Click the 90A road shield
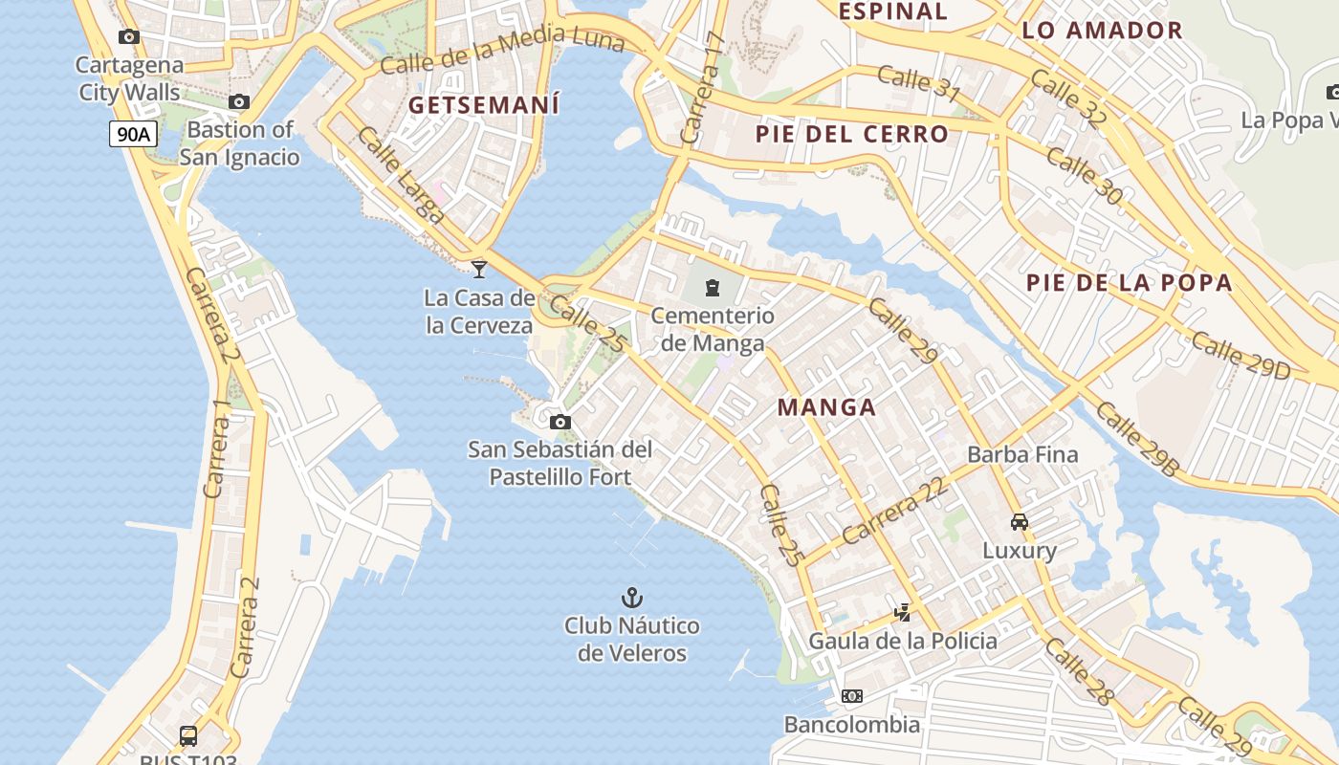click(132, 134)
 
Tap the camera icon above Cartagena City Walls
click(129, 37)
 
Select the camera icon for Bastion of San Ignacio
click(239, 102)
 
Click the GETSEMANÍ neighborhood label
click(484, 105)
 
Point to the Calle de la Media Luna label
click(502, 52)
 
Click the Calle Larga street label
click(401, 175)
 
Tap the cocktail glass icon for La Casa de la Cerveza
click(479, 270)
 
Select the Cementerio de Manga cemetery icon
click(713, 287)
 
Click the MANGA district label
click(826, 407)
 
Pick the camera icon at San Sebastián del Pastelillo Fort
click(560, 422)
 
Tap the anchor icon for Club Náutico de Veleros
click(631, 599)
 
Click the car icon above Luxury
click(1020, 522)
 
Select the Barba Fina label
click(1022, 454)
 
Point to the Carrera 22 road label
click(895, 510)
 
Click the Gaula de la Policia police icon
click(902, 613)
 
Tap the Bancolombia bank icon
click(851, 696)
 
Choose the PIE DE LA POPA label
click(1129, 283)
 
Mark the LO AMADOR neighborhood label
click(1102, 30)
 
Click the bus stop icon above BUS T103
click(188, 736)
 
